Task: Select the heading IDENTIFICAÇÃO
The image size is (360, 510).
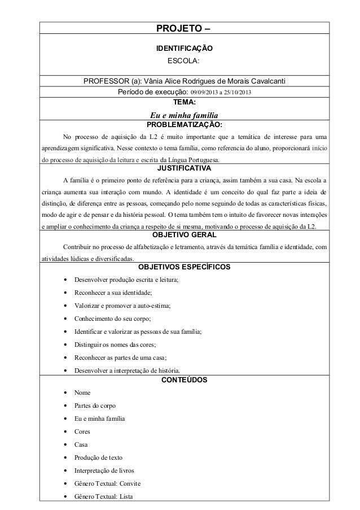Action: coord(184,49)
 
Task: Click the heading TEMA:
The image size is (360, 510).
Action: coord(184,102)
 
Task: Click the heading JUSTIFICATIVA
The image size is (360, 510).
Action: coord(184,168)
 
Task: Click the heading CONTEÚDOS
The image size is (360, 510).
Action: coord(184,380)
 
